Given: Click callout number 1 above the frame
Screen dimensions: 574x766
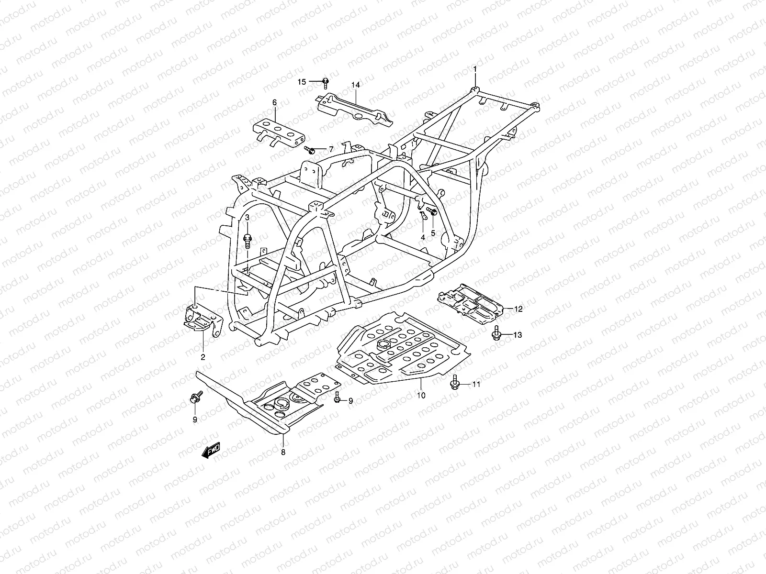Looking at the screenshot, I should (x=475, y=70).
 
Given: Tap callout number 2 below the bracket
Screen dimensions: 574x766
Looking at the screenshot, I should (x=203, y=357).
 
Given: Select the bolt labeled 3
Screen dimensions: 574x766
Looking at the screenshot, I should (x=248, y=240).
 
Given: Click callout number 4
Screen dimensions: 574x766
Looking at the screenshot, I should (x=423, y=237).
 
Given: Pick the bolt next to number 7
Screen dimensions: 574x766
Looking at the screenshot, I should (x=310, y=151).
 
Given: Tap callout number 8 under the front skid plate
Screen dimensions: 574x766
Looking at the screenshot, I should (x=283, y=452).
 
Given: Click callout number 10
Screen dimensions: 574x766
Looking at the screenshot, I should (x=421, y=396).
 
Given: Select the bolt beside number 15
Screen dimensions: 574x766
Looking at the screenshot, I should (x=326, y=82).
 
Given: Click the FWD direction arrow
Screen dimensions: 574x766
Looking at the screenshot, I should (x=211, y=451).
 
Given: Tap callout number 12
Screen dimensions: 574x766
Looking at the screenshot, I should (x=518, y=309).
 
